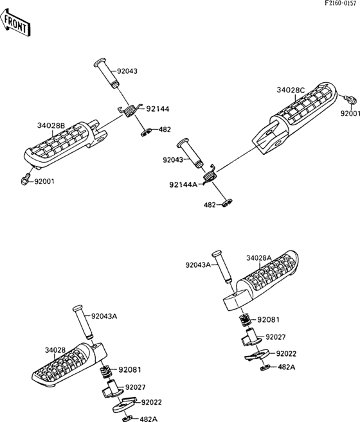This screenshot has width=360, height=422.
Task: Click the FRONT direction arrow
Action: point(15,22)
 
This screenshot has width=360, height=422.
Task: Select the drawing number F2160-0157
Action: point(340,3)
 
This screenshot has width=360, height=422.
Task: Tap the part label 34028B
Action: point(51,125)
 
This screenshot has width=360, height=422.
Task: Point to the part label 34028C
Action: point(291,90)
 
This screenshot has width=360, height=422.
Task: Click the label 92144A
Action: point(183,185)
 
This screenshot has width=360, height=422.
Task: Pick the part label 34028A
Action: point(259,258)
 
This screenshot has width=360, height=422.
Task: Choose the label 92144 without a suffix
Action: point(157,109)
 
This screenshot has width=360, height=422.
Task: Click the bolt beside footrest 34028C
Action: point(350,100)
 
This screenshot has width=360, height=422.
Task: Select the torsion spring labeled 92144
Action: point(129,110)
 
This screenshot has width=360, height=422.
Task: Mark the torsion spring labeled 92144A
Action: point(210,175)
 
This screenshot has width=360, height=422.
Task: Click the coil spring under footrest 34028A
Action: point(245,319)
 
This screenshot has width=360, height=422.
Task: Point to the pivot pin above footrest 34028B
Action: point(106,73)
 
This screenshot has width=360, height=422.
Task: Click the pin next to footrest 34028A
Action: point(222,267)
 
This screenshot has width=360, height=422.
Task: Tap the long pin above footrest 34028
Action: point(83,322)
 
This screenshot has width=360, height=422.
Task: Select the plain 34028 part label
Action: point(55,350)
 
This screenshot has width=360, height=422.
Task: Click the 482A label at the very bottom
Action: point(148,419)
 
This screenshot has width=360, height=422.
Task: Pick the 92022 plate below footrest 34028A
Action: point(257,354)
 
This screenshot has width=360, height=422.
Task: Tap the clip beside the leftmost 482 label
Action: point(146,133)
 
